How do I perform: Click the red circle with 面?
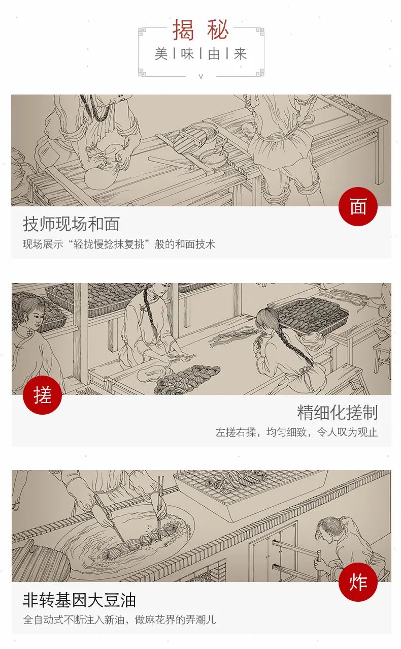coord(358,206)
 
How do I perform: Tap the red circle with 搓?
coord(42,395)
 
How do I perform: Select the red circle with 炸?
coord(358,582)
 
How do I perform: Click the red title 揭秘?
coord(201,30)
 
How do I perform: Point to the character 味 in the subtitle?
coord(187,53)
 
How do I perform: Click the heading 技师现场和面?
coord(71,224)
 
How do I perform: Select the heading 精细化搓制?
coord(338,412)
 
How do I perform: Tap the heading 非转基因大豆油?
coord(79,600)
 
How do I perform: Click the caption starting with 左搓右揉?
coord(296,432)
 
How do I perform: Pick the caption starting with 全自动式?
coord(119,620)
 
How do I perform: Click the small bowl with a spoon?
coord(213,158)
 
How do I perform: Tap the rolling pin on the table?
coord(171,163)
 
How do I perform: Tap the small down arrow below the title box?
coord(201,76)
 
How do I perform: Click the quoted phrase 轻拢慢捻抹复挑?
coord(109,244)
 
